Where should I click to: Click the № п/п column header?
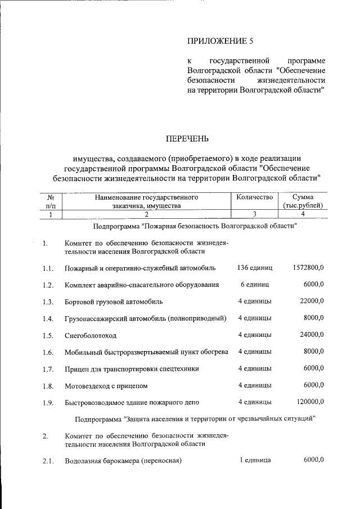pyautogui.click(x=50, y=201)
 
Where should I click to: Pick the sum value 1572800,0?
pyautogui.click(x=308, y=268)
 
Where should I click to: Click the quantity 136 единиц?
pyautogui.click(x=254, y=268)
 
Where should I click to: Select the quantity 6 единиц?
pyautogui.click(x=254, y=285)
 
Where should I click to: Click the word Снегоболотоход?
pyautogui.click(x=91, y=336)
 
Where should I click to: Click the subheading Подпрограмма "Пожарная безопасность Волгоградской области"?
pyautogui.click(x=195, y=226)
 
